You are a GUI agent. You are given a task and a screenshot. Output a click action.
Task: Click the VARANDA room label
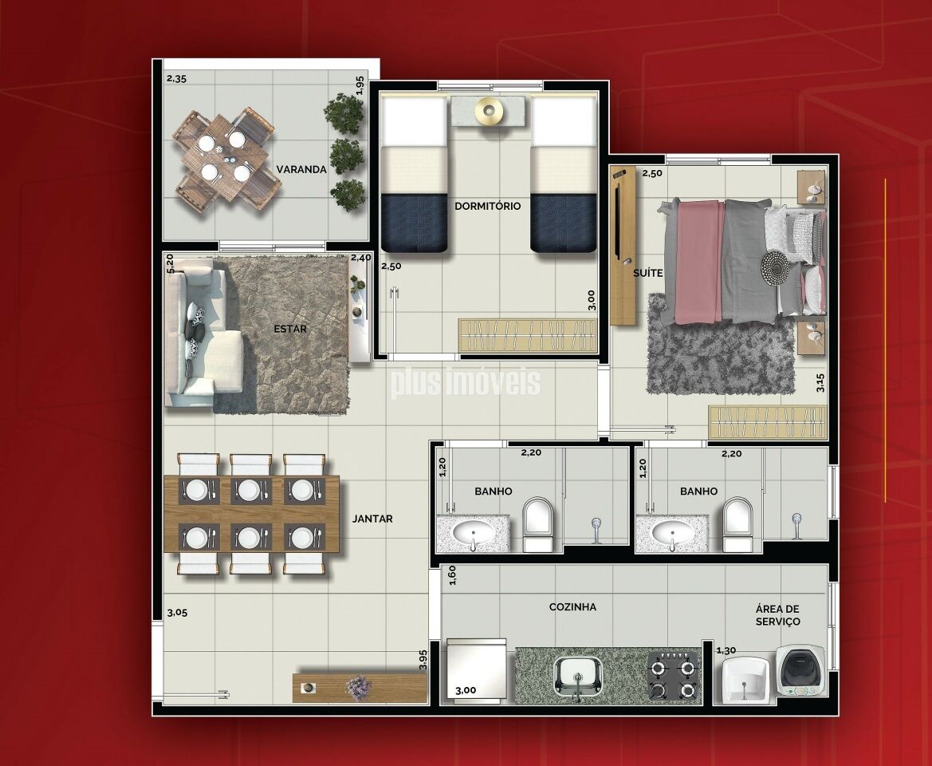[301, 169]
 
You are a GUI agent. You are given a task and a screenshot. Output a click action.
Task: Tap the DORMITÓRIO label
[487, 206]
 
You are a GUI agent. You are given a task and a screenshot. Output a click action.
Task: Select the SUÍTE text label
[648, 273]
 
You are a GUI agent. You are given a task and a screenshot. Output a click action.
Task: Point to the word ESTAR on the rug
[290, 329]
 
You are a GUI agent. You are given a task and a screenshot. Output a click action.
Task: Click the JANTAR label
[372, 519]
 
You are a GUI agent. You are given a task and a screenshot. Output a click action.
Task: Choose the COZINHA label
[572, 606]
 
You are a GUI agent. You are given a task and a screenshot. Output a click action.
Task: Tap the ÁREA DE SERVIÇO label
[777, 615]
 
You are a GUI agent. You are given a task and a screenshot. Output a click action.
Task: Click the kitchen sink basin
[578, 676]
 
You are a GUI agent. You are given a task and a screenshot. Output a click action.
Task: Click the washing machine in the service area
[800, 670]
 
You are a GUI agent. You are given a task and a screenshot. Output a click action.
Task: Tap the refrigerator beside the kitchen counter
[476, 671]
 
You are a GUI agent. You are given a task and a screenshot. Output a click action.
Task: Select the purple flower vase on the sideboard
[358, 688]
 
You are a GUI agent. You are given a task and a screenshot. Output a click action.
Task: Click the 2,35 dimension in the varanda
[176, 78]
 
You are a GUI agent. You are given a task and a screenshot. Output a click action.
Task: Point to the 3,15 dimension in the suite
[820, 382]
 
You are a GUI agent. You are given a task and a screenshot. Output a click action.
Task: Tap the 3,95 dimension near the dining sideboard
[423, 660]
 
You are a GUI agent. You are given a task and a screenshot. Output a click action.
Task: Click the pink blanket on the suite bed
[699, 262]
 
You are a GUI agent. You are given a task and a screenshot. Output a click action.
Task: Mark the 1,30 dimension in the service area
[726, 650]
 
